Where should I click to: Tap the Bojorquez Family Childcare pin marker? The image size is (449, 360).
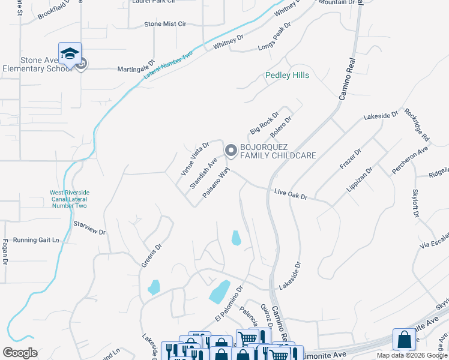[x=231, y=151]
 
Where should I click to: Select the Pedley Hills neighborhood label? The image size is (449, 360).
[x=288, y=76]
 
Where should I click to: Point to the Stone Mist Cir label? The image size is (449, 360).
[x=166, y=25]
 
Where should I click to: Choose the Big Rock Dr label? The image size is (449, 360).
[x=265, y=122]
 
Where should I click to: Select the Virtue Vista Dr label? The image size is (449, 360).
[x=195, y=159]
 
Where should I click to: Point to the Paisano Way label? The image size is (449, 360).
[x=217, y=183]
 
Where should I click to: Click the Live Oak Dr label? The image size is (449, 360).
[x=291, y=195]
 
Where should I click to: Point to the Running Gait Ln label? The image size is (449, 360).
[x=36, y=240]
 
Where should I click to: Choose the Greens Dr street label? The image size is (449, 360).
[x=151, y=254]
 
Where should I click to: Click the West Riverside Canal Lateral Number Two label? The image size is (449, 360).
[x=68, y=199]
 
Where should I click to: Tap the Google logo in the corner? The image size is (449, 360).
[x=20, y=353]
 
